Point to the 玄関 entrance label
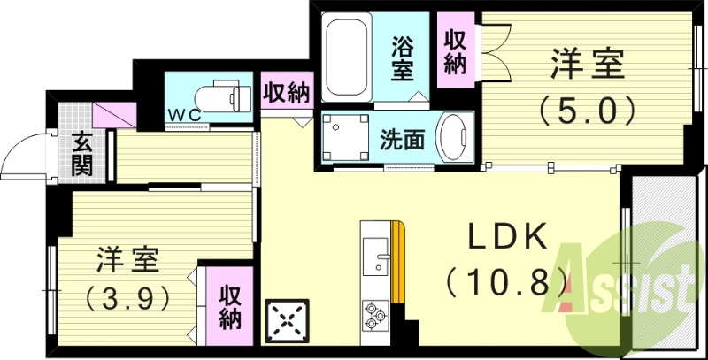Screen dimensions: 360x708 (82, 152)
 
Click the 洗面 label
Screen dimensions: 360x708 (403, 139)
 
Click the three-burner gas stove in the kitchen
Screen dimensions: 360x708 (375, 313)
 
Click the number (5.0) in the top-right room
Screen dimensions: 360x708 (589, 111)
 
